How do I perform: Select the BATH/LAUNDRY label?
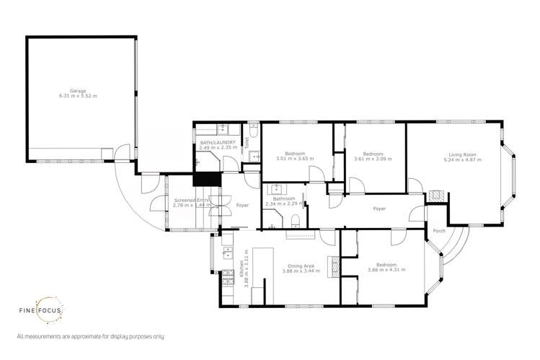click(215, 144)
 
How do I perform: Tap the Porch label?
click(438, 232)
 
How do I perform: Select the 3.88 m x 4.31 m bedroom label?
click(386, 270)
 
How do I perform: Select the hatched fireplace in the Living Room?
click(435, 196)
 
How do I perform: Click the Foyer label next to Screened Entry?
click(242, 206)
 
